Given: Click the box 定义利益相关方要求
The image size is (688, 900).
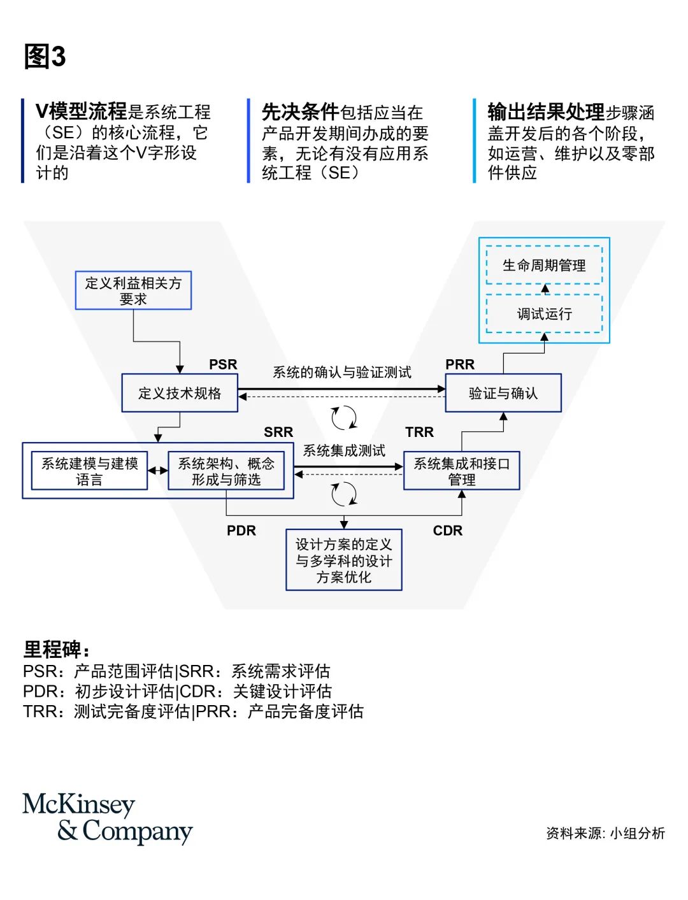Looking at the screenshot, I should click(133, 291).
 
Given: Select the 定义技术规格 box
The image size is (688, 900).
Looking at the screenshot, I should click(180, 393).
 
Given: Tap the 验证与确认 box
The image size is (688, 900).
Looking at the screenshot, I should click(503, 393).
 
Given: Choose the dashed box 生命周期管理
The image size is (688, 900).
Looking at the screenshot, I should click(544, 265).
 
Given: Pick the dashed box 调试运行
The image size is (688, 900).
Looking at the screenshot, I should click(544, 313).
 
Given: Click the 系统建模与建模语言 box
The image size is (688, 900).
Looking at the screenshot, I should click(90, 471).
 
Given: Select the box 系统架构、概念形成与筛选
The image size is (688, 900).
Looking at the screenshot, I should click(226, 471).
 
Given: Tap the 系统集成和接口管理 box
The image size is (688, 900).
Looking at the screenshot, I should click(462, 471).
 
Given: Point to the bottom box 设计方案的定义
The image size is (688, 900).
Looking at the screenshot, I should click(344, 560).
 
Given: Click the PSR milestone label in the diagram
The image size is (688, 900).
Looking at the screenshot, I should click(223, 364).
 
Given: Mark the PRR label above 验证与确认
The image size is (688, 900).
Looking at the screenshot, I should click(460, 364).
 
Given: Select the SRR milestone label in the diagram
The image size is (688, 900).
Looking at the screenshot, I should click(278, 432).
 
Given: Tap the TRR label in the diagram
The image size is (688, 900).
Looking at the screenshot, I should click(419, 432).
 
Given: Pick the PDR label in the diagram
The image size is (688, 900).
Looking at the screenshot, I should click(241, 531).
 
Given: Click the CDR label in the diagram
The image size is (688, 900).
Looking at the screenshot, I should click(448, 531).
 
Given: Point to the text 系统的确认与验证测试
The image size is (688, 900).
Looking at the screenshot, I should click(342, 372).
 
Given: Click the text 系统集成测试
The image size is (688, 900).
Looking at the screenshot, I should click(344, 451).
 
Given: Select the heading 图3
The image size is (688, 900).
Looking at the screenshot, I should click(45, 57).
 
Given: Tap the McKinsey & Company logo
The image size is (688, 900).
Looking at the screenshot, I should click(107, 818).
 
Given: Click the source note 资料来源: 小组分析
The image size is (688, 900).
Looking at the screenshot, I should click(605, 833).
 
